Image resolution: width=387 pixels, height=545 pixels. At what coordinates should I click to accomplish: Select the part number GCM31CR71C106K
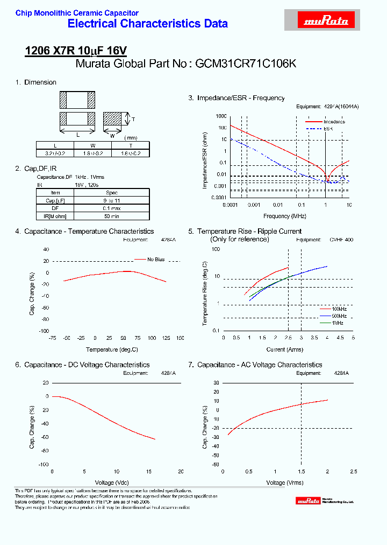[246, 64]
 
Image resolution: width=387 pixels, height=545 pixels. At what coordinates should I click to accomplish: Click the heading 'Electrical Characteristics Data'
[148, 24]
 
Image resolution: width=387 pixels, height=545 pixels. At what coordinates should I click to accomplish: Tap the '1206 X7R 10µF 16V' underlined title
[76, 51]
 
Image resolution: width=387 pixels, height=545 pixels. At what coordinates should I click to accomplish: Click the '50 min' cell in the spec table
[111, 216]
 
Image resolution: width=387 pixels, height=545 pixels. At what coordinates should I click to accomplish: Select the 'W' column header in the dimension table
[92, 146]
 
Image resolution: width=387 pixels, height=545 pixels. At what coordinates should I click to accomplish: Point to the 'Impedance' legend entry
[334, 122]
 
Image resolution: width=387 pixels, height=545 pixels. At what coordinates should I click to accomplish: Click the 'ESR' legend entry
[328, 129]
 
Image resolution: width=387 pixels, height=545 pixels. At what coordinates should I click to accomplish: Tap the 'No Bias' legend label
[156, 260]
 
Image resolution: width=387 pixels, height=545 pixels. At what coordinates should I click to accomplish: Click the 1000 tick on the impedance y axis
[221, 116]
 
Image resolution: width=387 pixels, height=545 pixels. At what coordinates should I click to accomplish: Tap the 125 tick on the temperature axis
[166, 338]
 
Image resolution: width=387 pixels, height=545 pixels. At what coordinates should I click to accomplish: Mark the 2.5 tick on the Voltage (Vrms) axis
[353, 471]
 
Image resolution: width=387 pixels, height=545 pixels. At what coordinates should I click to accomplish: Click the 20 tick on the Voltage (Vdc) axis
[181, 471]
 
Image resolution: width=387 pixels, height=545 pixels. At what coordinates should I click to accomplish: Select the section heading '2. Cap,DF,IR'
[36, 169]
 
